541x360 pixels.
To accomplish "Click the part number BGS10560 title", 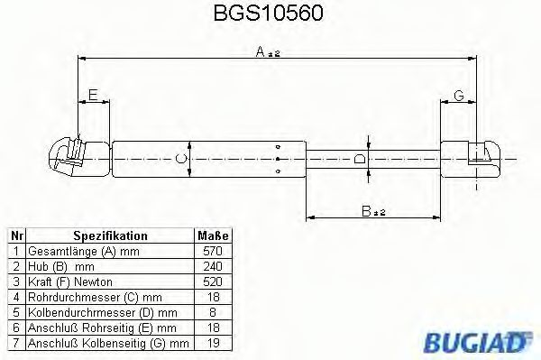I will pyautogui.click(x=270, y=14).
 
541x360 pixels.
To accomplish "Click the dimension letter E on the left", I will pyautogui.click(x=91, y=95).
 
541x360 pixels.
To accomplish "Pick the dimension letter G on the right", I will pyautogui.click(x=458, y=95).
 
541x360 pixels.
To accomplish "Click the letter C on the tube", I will pyautogui.click(x=179, y=159).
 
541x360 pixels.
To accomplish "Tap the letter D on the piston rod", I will pyautogui.click(x=360, y=159).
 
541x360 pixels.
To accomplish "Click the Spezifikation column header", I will pyautogui.click(x=110, y=235).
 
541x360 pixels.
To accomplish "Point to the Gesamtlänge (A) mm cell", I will pyautogui.click(x=86, y=251).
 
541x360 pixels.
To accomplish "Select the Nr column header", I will pyautogui.click(x=15, y=235).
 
